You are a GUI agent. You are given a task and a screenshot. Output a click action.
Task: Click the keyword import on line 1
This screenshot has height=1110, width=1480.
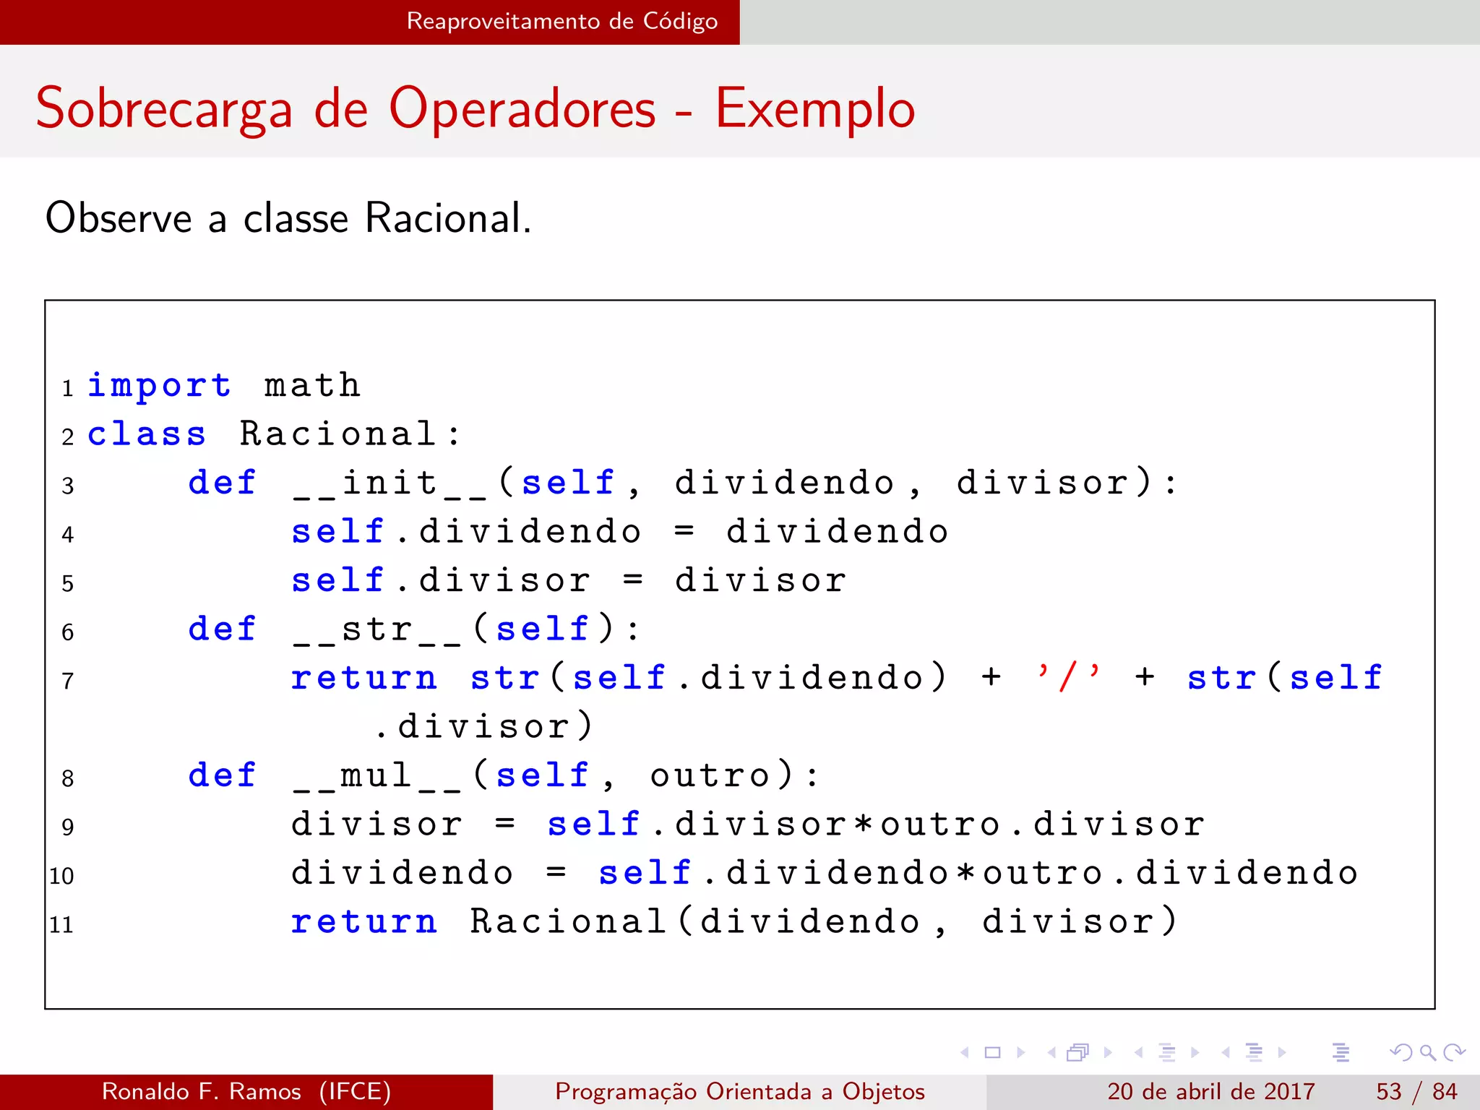tap(159, 385)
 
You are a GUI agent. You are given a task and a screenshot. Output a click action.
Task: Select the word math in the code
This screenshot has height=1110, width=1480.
tap(312, 385)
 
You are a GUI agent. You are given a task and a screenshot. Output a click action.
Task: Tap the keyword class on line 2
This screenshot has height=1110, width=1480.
tap(147, 434)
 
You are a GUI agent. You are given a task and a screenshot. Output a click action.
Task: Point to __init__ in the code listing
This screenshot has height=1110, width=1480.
tap(390, 483)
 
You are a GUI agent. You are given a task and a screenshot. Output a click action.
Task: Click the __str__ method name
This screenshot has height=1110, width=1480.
tap(377, 629)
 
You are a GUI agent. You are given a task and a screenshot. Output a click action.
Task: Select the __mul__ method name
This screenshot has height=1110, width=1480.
tap(377, 776)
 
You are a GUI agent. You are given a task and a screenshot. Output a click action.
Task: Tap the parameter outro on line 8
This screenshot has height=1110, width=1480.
tap(710, 776)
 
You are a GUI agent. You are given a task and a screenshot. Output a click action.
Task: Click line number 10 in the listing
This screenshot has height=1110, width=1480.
tap(61, 876)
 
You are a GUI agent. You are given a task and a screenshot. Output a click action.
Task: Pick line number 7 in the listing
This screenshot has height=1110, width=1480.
tap(67, 681)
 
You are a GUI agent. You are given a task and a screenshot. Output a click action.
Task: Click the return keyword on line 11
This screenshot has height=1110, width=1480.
tap(364, 922)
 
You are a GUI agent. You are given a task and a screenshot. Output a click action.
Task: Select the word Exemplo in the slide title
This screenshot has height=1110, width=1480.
tap(815, 108)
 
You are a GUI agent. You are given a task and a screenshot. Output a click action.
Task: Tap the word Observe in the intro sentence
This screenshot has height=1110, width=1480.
tap(118, 218)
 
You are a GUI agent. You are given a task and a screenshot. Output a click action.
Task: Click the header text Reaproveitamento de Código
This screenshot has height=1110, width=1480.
tap(562, 21)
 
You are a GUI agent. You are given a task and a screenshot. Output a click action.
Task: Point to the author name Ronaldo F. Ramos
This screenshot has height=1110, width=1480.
tap(202, 1091)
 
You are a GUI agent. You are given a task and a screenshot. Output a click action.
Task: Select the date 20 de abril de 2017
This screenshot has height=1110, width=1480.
tap(1210, 1091)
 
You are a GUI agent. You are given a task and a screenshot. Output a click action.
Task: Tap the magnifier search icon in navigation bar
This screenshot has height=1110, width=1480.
tap(1427, 1052)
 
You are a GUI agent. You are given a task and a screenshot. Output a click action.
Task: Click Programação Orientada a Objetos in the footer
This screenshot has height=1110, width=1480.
tap(740, 1091)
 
